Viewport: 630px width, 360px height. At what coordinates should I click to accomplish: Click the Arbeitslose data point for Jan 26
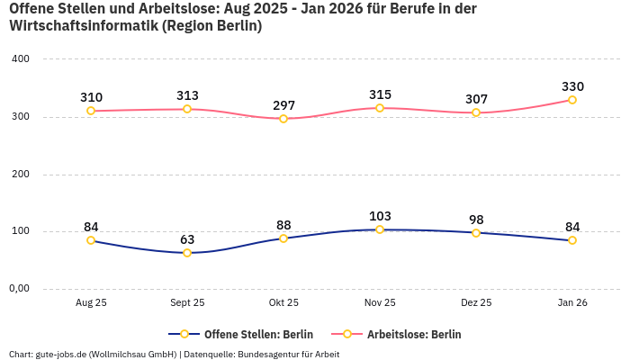point(572,100)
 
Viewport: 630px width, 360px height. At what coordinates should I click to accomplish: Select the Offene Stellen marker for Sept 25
point(187,253)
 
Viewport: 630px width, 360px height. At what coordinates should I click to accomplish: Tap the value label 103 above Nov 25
point(380,216)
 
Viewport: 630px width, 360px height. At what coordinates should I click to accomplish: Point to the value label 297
point(283,105)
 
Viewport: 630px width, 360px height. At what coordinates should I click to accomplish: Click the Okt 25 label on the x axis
point(283,303)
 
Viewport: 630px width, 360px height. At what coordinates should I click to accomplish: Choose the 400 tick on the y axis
point(20,59)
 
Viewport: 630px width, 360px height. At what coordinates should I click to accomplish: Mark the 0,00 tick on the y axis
point(19,289)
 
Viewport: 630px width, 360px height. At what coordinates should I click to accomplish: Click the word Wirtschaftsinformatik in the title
point(83,26)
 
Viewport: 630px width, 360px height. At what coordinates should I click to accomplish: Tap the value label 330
point(572,86)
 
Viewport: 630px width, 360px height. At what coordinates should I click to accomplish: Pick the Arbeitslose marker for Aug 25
point(91,111)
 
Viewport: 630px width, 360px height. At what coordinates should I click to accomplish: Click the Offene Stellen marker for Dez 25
point(476,232)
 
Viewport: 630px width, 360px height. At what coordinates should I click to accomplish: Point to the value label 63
point(187,239)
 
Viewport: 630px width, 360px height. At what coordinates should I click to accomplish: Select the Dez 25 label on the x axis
point(476,303)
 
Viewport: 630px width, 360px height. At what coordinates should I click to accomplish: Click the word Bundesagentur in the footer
point(267,355)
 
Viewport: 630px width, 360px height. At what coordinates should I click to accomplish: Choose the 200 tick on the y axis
point(20,175)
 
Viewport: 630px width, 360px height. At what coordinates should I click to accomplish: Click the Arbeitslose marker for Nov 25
point(380,108)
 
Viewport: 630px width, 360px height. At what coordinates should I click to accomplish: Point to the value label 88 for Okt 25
point(283,225)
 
